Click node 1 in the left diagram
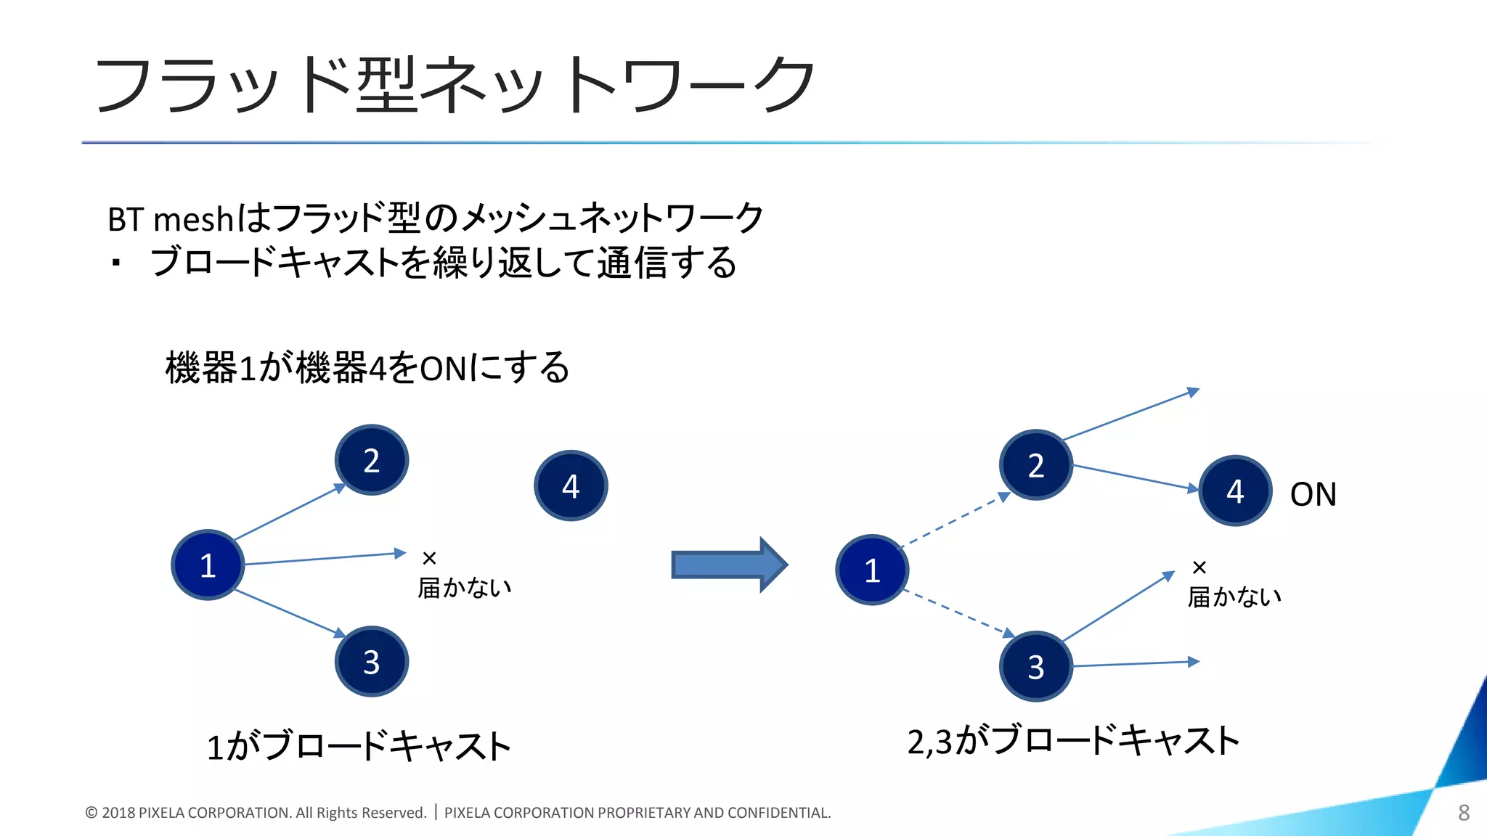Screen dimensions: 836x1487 tap(208, 565)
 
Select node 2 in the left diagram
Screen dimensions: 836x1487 tap(372, 460)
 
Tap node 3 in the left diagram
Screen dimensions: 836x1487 tap(372, 662)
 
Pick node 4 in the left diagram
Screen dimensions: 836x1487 tap(571, 485)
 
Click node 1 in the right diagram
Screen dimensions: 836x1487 tap(872, 570)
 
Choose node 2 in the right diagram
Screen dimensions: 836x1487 tap(1036, 465)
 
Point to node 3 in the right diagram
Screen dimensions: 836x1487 tap(1036, 666)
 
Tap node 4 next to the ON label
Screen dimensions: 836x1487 tap(1235, 491)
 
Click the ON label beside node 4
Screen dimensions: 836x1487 tap(1313, 495)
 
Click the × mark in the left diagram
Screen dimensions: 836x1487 tap(429, 558)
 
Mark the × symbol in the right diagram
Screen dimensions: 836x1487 tap(1199, 567)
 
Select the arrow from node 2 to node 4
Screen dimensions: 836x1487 tap(1135, 478)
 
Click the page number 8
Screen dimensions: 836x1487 tap(1464, 813)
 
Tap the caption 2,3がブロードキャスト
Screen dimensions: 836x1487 tap(1073, 741)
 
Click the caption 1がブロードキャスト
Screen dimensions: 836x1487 tap(359, 746)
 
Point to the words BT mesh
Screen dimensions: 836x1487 tap(171, 219)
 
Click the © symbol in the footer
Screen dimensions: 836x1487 tap(91, 813)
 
